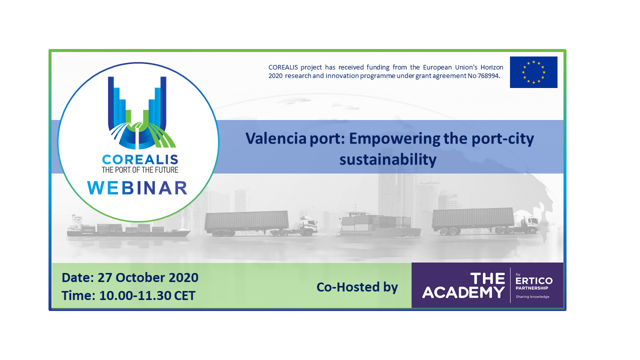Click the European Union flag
533,72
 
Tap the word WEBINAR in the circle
137,187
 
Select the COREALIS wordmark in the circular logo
140,159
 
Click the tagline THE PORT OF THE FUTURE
140,170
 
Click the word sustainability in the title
387,159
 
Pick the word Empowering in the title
394,139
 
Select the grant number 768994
489,76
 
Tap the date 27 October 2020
148,277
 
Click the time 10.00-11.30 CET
147,295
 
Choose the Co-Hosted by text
357,287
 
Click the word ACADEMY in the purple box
463,292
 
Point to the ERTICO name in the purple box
533,280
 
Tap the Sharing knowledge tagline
532,296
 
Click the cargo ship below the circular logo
128,227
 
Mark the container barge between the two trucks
378,224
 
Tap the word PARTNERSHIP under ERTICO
531,288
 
